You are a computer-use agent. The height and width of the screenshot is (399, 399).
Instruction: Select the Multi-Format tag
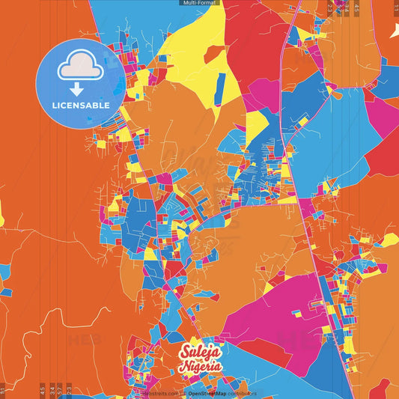click(x=199, y=3)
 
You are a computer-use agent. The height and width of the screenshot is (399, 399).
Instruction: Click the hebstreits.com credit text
click(x=159, y=393)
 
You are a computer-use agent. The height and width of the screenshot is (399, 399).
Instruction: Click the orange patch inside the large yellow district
click(x=214, y=53)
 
